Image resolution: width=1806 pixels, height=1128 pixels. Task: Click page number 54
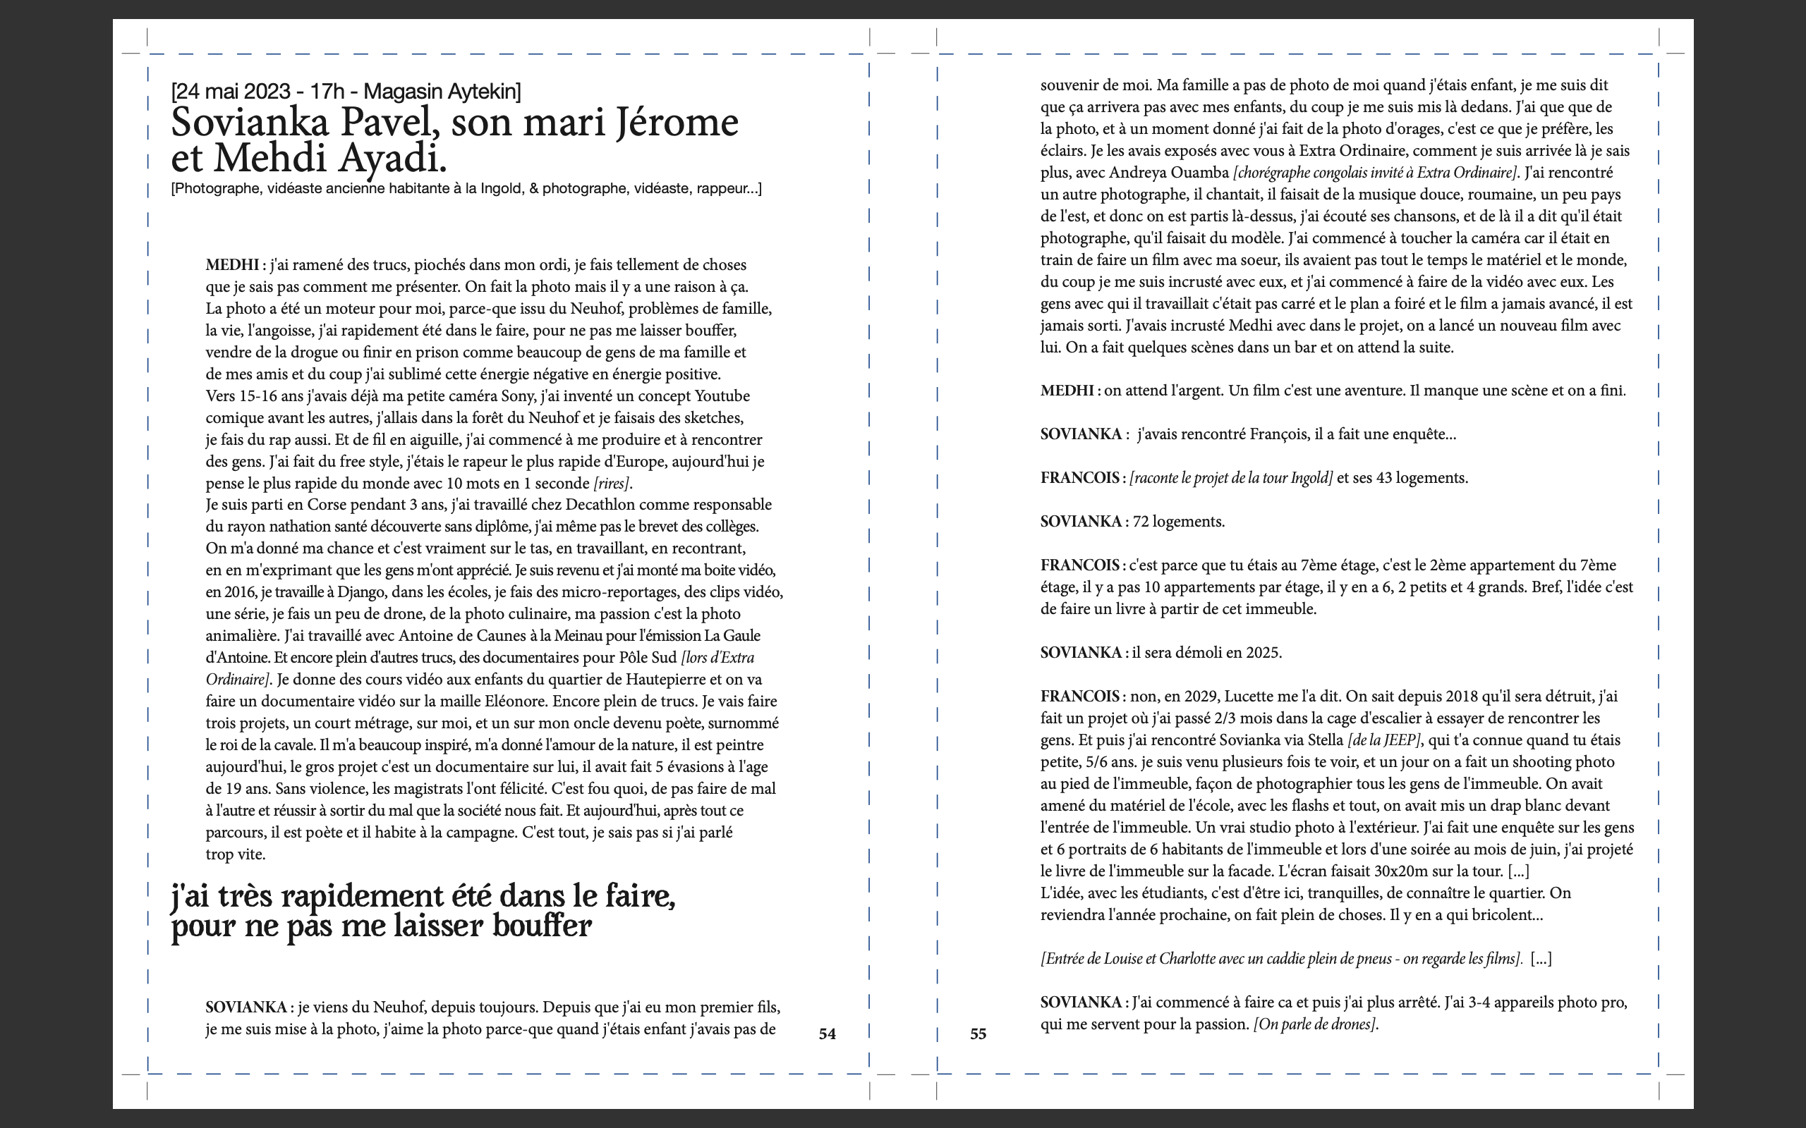827,1034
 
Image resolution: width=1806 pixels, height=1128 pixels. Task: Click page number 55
978,1034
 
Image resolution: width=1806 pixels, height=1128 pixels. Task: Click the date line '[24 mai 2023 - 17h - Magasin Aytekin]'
346,92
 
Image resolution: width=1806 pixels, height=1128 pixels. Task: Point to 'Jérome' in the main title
677,123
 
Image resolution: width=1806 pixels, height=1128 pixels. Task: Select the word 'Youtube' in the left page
722,396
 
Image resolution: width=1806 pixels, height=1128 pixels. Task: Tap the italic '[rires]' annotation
612,484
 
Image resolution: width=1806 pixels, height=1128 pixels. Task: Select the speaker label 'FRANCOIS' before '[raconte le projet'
1080,478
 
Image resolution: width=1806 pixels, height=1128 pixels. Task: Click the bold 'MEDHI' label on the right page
1067,391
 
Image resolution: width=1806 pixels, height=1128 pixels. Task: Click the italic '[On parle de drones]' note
1315,1024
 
